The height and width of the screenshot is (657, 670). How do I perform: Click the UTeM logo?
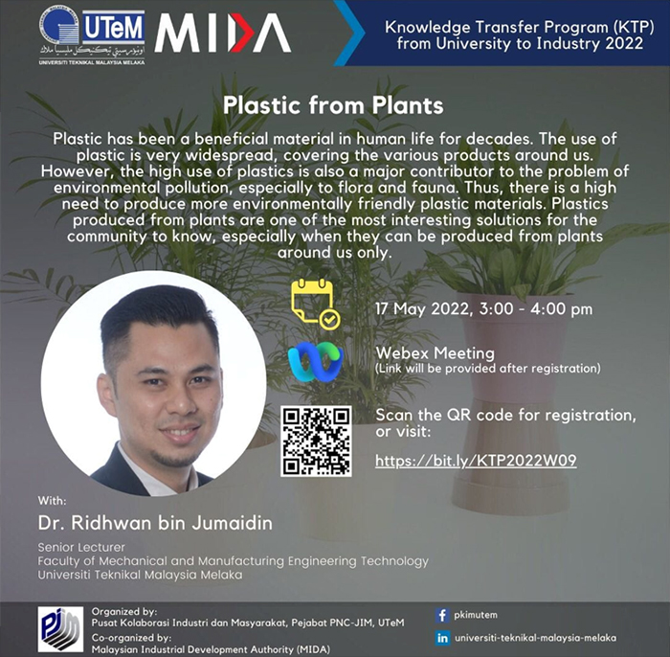92,35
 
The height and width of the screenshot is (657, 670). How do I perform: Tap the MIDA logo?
222,33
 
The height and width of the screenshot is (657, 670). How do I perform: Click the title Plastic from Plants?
333,105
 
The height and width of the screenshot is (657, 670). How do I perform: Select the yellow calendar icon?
315,304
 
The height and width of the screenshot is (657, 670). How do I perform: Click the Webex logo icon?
315,360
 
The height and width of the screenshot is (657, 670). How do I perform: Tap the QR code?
316,442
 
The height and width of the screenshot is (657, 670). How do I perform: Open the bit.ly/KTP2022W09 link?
476,461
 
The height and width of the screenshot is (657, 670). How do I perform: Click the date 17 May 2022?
422,308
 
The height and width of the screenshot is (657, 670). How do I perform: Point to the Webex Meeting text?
435,353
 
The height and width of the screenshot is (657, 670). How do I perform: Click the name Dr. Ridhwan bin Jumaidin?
155,523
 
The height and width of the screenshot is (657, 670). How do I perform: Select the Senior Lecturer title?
81,547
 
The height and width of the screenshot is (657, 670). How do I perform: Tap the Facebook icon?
442,616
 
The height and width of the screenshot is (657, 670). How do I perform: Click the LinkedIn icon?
442,638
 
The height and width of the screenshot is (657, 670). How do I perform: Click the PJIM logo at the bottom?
60,629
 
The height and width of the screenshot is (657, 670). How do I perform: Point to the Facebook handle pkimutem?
476,615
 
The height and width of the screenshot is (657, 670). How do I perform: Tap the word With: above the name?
52,500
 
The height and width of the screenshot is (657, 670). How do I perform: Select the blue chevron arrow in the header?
349,33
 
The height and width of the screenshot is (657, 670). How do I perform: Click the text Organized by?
124,612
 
